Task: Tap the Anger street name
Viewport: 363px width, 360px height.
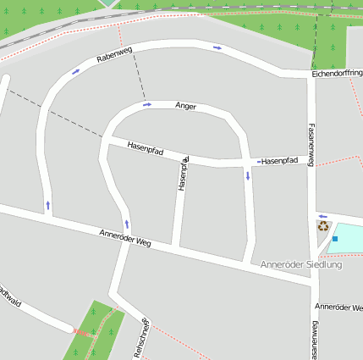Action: pyautogui.click(x=185, y=106)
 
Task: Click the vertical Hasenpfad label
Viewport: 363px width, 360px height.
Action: pyautogui.click(x=184, y=173)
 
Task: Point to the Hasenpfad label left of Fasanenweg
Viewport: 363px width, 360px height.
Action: pyautogui.click(x=279, y=160)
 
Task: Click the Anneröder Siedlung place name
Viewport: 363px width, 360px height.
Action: pyautogui.click(x=301, y=264)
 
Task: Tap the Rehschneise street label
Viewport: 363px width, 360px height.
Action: pyautogui.click(x=141, y=337)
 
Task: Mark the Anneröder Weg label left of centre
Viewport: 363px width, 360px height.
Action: pyautogui.click(x=124, y=237)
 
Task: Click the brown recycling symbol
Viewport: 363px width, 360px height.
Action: pyautogui.click(x=322, y=226)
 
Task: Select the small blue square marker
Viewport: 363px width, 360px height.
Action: pyautogui.click(x=335, y=239)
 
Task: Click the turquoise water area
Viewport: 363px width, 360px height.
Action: pyautogui.click(x=348, y=236)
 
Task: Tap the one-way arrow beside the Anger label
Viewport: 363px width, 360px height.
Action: pyautogui.click(x=147, y=104)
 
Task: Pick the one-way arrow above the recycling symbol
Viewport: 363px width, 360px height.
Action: pyautogui.click(x=322, y=215)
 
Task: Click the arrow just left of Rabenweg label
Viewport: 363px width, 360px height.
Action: pyautogui.click(x=76, y=71)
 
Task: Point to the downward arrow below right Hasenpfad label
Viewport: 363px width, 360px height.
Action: pyautogui.click(x=248, y=175)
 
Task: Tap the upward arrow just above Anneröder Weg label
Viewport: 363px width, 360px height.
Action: pyautogui.click(x=128, y=224)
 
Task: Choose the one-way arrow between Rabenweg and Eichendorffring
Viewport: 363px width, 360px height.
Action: pyautogui.click(x=217, y=47)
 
